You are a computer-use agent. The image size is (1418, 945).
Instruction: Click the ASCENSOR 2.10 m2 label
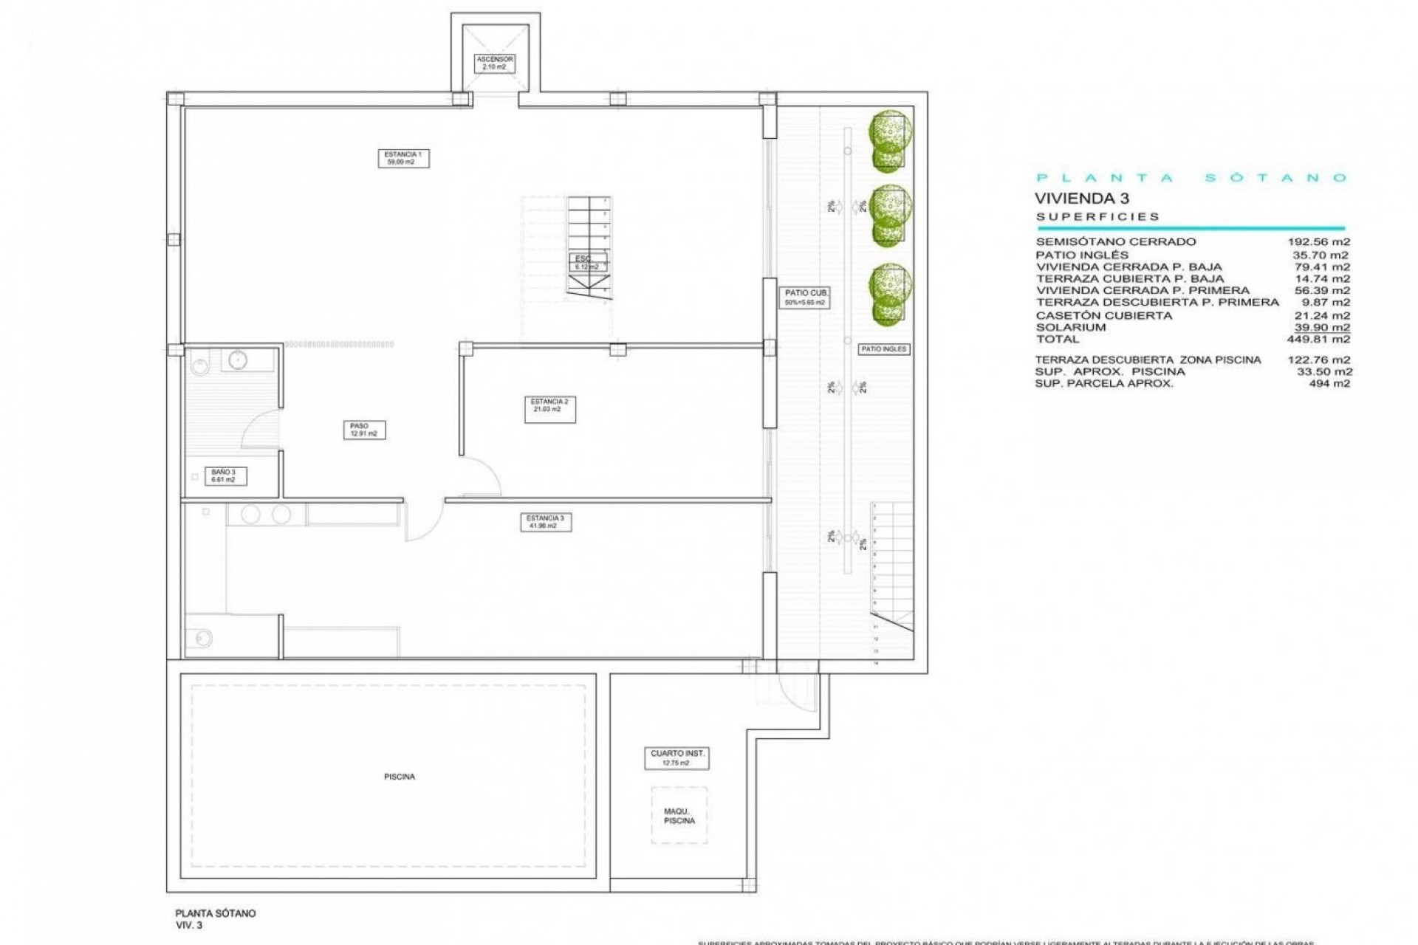pos(494,63)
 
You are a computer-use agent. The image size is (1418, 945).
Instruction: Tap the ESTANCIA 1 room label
pos(403,158)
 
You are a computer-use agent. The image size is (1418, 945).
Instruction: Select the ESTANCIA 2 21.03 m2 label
pos(549,410)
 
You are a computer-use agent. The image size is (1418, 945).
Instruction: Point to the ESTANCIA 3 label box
pos(546,522)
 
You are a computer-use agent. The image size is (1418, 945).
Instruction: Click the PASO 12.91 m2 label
pos(363,430)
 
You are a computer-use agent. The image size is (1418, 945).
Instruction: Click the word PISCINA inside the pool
pos(400,777)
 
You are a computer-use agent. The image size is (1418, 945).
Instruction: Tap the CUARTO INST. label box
pos(677,757)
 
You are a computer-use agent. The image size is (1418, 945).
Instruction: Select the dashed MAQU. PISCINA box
pos(679,815)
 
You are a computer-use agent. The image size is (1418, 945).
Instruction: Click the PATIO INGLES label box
pos(883,348)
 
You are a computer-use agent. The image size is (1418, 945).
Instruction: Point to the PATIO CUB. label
pos(805,297)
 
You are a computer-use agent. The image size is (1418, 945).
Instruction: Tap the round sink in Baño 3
pos(238,360)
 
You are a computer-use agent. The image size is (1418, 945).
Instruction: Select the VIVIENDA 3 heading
pos(1081,198)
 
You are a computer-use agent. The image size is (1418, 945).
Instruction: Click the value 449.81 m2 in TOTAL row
pos(1319,340)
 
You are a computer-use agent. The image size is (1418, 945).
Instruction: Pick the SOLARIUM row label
pos(1071,327)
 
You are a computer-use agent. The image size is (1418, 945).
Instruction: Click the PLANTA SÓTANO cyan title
pos(1191,177)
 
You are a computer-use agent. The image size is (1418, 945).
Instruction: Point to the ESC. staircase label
pos(587,263)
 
